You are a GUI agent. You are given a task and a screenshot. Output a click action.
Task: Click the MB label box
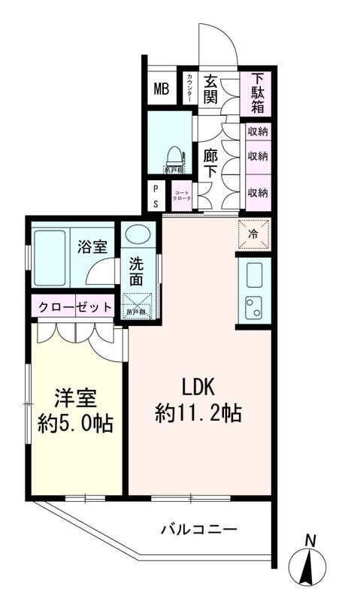162,89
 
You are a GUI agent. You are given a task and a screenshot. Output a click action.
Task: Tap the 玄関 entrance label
210,89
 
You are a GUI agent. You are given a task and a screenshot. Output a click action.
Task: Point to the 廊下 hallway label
210,162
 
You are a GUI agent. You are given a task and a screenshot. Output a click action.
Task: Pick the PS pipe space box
156,197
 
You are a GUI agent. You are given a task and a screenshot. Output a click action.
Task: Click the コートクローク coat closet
181,197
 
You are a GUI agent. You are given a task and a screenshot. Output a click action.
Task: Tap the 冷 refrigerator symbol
253,234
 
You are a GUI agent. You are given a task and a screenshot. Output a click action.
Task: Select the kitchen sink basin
252,274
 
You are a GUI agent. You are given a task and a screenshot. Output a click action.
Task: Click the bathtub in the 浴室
52,258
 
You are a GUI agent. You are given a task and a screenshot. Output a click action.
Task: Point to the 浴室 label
94,246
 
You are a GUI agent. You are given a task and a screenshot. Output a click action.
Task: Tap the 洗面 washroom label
137,271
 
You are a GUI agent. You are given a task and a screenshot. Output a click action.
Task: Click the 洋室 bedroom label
74,397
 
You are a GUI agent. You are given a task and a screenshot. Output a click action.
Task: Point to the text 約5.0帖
75,423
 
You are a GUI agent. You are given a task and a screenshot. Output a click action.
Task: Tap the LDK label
198,386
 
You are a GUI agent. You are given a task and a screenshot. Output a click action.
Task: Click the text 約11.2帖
198,412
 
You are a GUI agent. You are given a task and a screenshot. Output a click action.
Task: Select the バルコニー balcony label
198,529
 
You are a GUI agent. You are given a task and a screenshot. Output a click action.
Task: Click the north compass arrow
310,569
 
